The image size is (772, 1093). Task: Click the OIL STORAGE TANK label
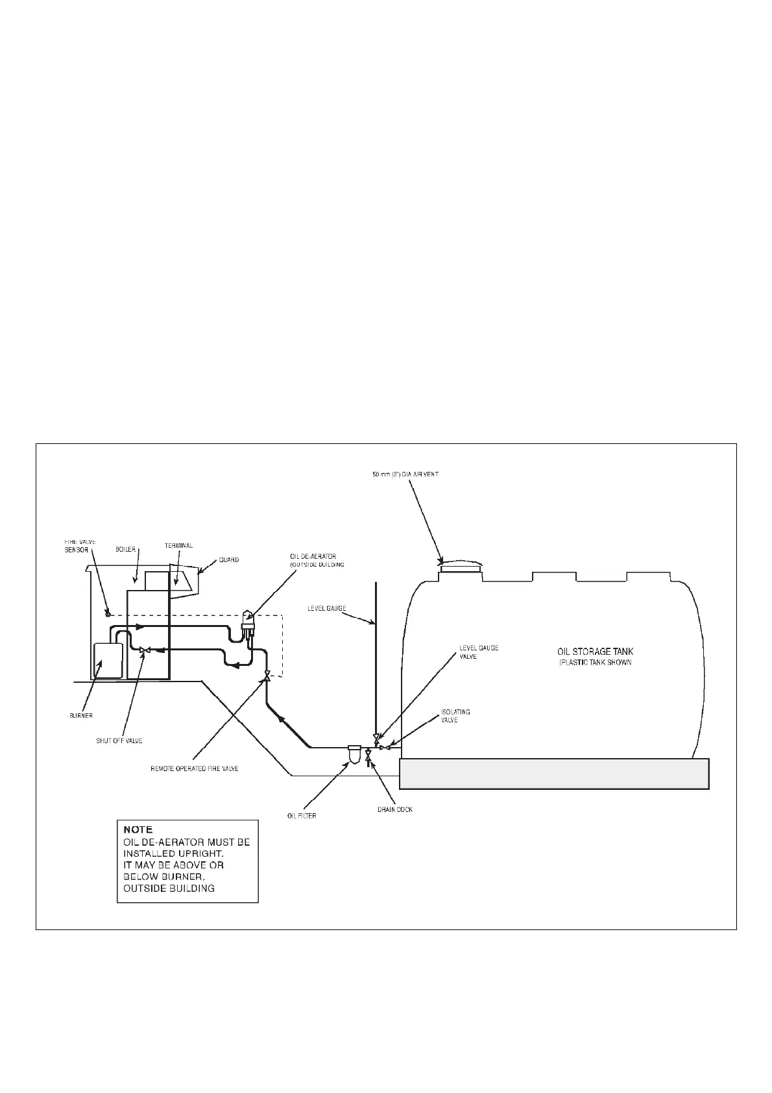595,651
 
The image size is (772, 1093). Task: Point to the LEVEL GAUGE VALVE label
479,652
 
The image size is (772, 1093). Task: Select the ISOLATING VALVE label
455,716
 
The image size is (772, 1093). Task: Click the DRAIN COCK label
395,809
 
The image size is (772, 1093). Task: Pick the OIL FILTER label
302,816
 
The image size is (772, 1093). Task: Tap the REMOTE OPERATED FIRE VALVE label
195,768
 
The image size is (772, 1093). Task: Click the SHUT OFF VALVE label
115,741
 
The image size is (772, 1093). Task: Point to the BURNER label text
81,716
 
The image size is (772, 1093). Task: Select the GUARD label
228,559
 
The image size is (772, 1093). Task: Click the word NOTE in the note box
138,829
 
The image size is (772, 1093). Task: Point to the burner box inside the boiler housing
108,660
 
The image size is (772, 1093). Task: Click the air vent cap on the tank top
461,567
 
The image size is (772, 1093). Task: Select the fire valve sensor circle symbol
108,614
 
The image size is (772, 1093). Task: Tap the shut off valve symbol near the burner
145,650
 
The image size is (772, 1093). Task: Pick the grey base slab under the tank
553,774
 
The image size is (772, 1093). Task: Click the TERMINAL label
178,546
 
